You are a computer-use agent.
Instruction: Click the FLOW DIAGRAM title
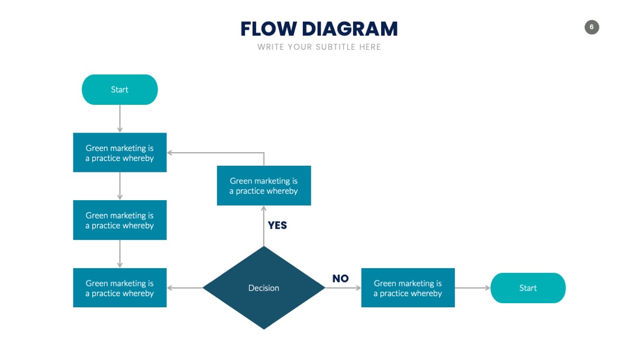coord(319,29)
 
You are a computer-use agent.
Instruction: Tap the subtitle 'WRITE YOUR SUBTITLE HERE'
coord(319,47)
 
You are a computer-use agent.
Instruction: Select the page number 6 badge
coord(591,27)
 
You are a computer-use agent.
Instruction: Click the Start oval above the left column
coord(120,89)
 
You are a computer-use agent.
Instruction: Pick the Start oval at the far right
coord(528,288)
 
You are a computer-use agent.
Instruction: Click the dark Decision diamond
coord(264,288)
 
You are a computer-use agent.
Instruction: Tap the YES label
coord(277,226)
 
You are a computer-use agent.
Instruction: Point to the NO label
coord(340,278)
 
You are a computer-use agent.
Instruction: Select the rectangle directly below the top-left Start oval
coord(120,153)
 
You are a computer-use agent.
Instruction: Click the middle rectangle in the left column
coord(120,220)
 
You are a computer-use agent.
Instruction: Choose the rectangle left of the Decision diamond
coord(120,288)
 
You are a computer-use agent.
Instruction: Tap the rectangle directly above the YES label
coord(264,185)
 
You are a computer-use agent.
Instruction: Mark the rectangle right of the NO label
coord(408,288)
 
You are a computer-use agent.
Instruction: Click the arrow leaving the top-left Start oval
coord(120,118)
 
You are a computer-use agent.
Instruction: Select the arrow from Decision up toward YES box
coord(264,226)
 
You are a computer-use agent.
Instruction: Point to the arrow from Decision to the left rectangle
coord(185,288)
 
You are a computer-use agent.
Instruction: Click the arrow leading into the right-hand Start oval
coord(472,288)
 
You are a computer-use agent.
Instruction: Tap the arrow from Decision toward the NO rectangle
coord(343,288)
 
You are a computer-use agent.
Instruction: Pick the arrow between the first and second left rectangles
coord(120,186)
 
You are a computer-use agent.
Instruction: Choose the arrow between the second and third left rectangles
coord(120,253)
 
